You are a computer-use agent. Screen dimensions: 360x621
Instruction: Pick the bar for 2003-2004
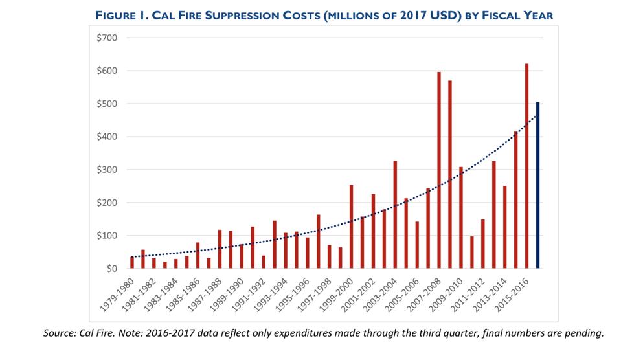pos(395,214)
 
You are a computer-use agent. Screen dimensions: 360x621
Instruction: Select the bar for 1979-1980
pos(132,262)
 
